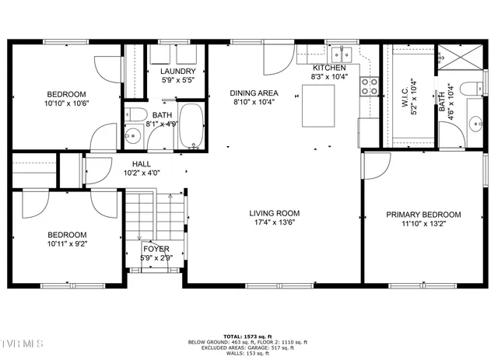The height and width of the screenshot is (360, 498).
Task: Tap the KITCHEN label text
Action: point(328,68)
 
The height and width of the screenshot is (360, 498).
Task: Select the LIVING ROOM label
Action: point(274,213)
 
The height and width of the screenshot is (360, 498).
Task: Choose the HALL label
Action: point(141,164)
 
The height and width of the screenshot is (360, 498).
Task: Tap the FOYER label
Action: point(156,249)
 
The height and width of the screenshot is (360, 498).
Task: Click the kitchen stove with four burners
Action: point(368,85)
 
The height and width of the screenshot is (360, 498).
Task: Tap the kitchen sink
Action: point(341,54)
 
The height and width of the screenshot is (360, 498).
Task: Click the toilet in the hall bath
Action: point(139,117)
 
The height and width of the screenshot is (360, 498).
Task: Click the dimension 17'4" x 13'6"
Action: point(274,222)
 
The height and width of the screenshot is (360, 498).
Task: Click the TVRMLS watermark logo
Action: point(23,344)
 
